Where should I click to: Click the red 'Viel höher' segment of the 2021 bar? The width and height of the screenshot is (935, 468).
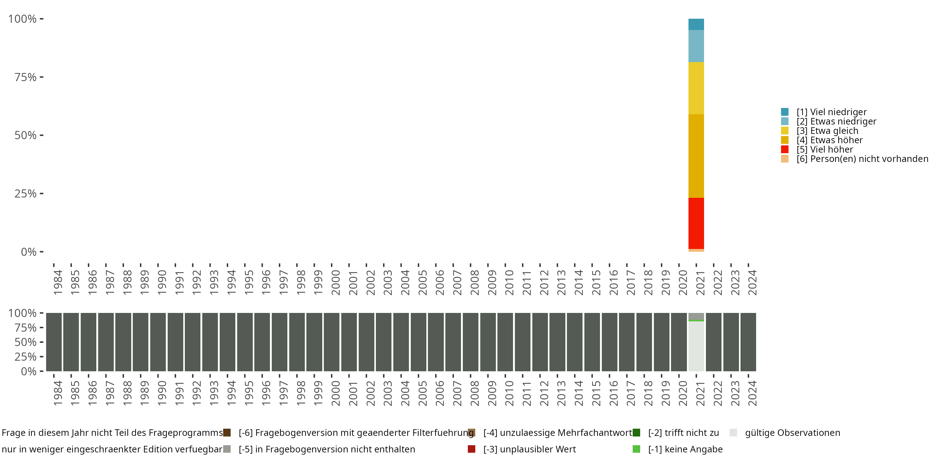click(x=696, y=223)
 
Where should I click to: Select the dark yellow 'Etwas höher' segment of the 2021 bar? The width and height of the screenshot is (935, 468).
click(x=696, y=156)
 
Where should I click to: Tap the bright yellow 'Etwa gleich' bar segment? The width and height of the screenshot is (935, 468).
click(x=696, y=88)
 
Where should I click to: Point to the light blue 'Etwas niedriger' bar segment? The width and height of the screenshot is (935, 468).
click(x=696, y=46)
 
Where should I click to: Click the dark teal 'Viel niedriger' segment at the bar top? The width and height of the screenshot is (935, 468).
click(x=696, y=24)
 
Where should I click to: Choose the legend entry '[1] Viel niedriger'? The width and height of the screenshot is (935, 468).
click(x=831, y=112)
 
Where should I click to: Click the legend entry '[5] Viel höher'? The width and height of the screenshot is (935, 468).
click(x=824, y=149)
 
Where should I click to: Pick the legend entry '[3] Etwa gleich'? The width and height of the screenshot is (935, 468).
click(x=827, y=131)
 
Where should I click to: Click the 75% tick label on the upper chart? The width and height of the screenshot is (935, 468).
click(x=26, y=77)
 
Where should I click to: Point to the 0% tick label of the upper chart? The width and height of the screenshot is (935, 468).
click(x=29, y=252)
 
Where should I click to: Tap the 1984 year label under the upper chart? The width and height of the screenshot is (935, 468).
click(x=58, y=282)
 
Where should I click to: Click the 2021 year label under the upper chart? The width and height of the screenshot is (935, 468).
click(x=700, y=282)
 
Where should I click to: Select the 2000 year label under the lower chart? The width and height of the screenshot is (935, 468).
click(x=336, y=393)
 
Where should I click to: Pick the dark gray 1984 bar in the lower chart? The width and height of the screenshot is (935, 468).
click(x=54, y=342)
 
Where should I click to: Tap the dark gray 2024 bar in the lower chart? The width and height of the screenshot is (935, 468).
click(x=748, y=342)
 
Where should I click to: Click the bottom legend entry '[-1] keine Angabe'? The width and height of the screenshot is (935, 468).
click(x=685, y=449)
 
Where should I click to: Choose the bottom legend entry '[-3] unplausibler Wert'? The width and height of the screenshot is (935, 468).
click(x=529, y=449)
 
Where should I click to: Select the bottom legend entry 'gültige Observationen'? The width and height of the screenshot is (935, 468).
click(x=792, y=433)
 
